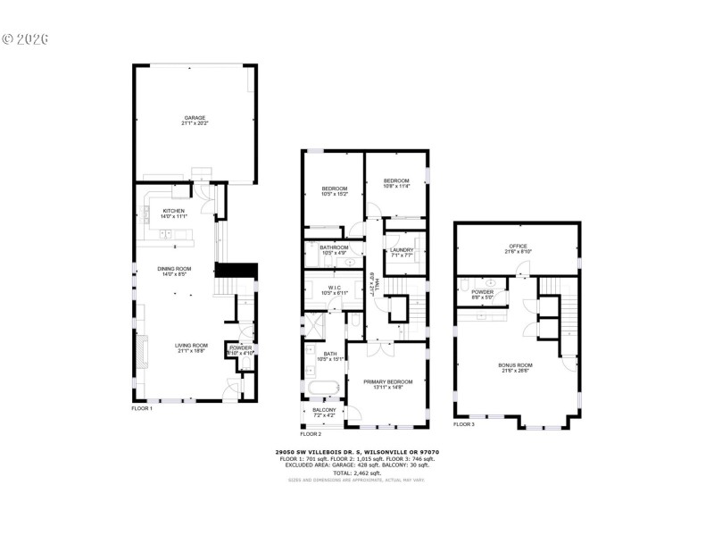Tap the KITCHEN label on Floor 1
[x=173, y=213]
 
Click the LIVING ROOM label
[x=190, y=348]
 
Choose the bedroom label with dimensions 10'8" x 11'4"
[x=396, y=183]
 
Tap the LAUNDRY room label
[x=402, y=252]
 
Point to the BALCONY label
[x=323, y=412]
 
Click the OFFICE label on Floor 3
[x=518, y=247]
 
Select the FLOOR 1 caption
[x=143, y=408]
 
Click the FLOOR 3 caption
[x=464, y=424]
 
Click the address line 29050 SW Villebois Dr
[x=356, y=452]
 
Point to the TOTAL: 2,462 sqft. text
[x=357, y=472]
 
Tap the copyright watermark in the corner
[x=25, y=39]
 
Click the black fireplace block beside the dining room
[x=236, y=270]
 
